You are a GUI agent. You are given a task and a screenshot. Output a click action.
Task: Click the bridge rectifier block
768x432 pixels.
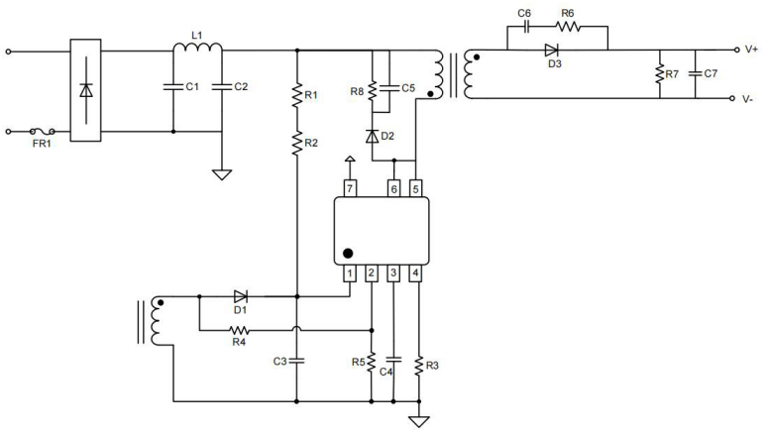point(85,90)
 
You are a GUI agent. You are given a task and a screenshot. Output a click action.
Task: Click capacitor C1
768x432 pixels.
point(172,87)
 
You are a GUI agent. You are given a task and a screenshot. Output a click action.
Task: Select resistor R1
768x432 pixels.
point(296,96)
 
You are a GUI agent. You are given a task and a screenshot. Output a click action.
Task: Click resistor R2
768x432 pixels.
point(296,144)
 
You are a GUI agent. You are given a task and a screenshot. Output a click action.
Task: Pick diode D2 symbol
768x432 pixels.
point(372,135)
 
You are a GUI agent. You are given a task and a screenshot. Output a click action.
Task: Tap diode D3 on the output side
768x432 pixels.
point(552,50)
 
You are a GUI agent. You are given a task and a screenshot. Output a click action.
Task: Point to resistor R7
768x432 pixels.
point(658,74)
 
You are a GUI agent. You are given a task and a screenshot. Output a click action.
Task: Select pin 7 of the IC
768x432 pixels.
point(349,187)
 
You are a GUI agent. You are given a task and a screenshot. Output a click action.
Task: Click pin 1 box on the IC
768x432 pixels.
point(349,272)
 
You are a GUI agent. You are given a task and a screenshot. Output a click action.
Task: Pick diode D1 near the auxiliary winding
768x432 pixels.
point(240,295)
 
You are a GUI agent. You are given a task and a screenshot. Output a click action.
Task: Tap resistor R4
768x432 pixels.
point(239,330)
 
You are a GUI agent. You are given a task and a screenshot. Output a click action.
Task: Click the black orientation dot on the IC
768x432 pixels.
point(348,253)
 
